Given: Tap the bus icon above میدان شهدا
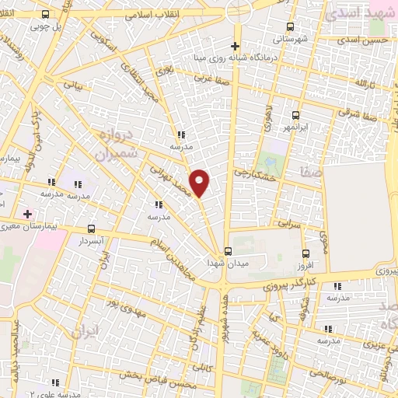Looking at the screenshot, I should (x=228, y=251).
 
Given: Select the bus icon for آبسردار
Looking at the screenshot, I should (x=93, y=229).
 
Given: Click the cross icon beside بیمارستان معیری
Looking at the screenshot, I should (x=29, y=213).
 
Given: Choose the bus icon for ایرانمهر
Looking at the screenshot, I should (x=295, y=114).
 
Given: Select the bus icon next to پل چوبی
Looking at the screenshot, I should (x=45, y=14).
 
